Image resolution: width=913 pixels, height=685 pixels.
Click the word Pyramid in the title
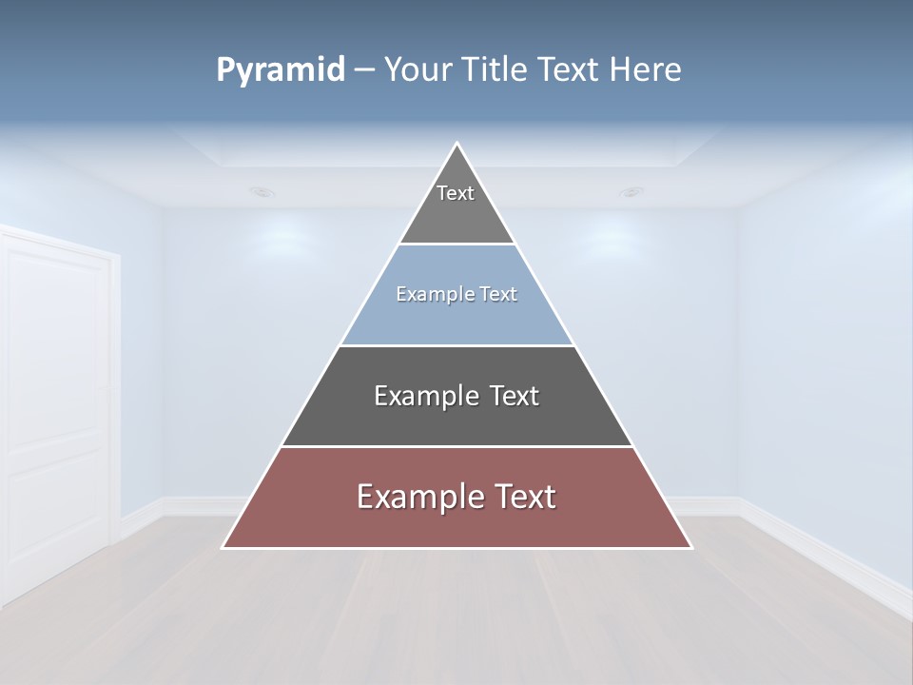coord(281,70)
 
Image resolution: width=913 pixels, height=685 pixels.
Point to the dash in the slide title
coord(364,70)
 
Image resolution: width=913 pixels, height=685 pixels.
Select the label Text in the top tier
coord(456,193)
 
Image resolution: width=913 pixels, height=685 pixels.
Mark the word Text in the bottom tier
coord(520,497)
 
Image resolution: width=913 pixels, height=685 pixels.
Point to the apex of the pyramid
coord(456,145)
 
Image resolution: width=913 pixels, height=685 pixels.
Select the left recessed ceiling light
coord(262,192)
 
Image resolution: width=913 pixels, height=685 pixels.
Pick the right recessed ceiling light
coord(631,192)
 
